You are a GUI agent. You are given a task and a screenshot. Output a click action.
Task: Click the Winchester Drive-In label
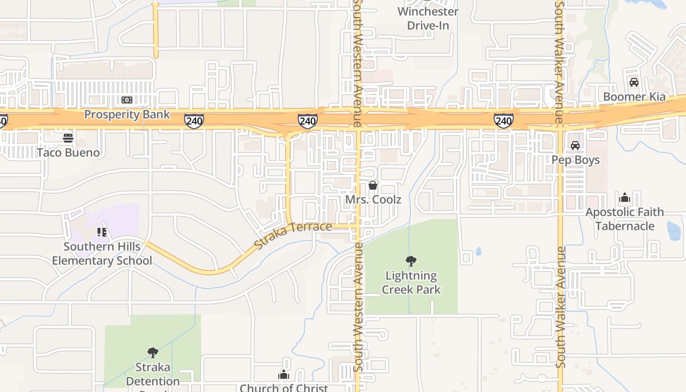[428, 18]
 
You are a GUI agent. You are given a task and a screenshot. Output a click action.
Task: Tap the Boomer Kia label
[634, 97]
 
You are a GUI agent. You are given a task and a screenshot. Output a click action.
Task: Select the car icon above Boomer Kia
[634, 82]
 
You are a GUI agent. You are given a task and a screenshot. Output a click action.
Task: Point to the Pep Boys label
[575, 160]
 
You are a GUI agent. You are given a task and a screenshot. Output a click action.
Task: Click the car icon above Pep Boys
[575, 146]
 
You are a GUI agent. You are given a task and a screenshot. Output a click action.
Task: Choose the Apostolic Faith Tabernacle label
[625, 219]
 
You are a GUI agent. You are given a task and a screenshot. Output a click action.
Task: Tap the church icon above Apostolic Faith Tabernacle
[625, 198]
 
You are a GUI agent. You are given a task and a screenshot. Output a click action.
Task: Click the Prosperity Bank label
[127, 115]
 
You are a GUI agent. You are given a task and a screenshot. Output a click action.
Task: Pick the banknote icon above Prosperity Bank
[127, 100]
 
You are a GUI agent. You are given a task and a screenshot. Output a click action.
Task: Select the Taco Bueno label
[68, 152]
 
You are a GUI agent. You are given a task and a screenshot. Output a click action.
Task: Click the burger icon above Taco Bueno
[68, 138]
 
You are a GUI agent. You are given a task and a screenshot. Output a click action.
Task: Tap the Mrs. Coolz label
[373, 199]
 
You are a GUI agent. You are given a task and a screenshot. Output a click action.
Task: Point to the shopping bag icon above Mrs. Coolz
[373, 185]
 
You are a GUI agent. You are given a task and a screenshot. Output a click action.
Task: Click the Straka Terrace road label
[294, 234]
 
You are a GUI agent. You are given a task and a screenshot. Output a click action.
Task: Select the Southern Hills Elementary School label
[102, 253]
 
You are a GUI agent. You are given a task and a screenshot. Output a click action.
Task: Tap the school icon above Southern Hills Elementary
[102, 232]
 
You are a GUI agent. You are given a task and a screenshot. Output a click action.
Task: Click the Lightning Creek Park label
[411, 283]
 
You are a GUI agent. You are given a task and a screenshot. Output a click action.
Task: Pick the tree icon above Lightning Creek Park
[411, 261]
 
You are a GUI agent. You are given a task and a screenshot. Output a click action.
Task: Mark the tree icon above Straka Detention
[153, 352]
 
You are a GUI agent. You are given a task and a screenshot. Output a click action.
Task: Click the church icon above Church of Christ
[284, 375]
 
